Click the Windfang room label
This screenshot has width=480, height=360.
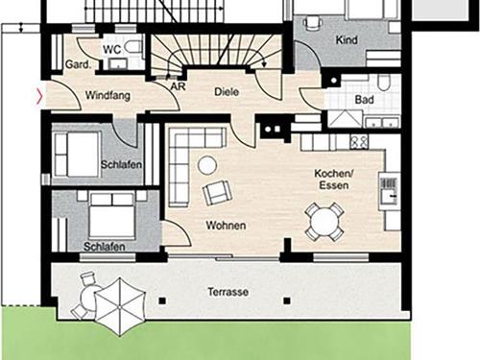coord(108,95)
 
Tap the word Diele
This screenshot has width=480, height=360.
coord(227,92)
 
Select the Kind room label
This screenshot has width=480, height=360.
coord(347,40)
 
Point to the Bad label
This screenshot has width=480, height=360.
coord(364,100)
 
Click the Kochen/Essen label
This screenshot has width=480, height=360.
coord(334,180)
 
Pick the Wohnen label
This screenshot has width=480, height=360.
coord(226,226)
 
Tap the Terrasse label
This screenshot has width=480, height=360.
coord(228,292)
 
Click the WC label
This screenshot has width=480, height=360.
coord(112,49)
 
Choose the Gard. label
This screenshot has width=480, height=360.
coord(78,64)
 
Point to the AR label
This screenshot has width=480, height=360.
coord(178,86)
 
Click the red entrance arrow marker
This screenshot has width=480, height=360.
coord(39,97)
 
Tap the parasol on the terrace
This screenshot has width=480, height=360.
coord(120,306)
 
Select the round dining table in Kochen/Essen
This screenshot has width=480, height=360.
coord(325,222)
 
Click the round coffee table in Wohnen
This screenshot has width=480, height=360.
coord(207,165)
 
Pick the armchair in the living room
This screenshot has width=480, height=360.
coord(217,192)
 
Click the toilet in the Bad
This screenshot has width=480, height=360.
coord(383,83)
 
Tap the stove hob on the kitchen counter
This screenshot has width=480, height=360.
coord(359,142)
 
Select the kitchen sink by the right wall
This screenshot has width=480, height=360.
coord(389,191)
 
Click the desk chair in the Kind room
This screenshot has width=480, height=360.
coord(312,23)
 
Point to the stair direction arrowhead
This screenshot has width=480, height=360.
coord(264,64)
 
